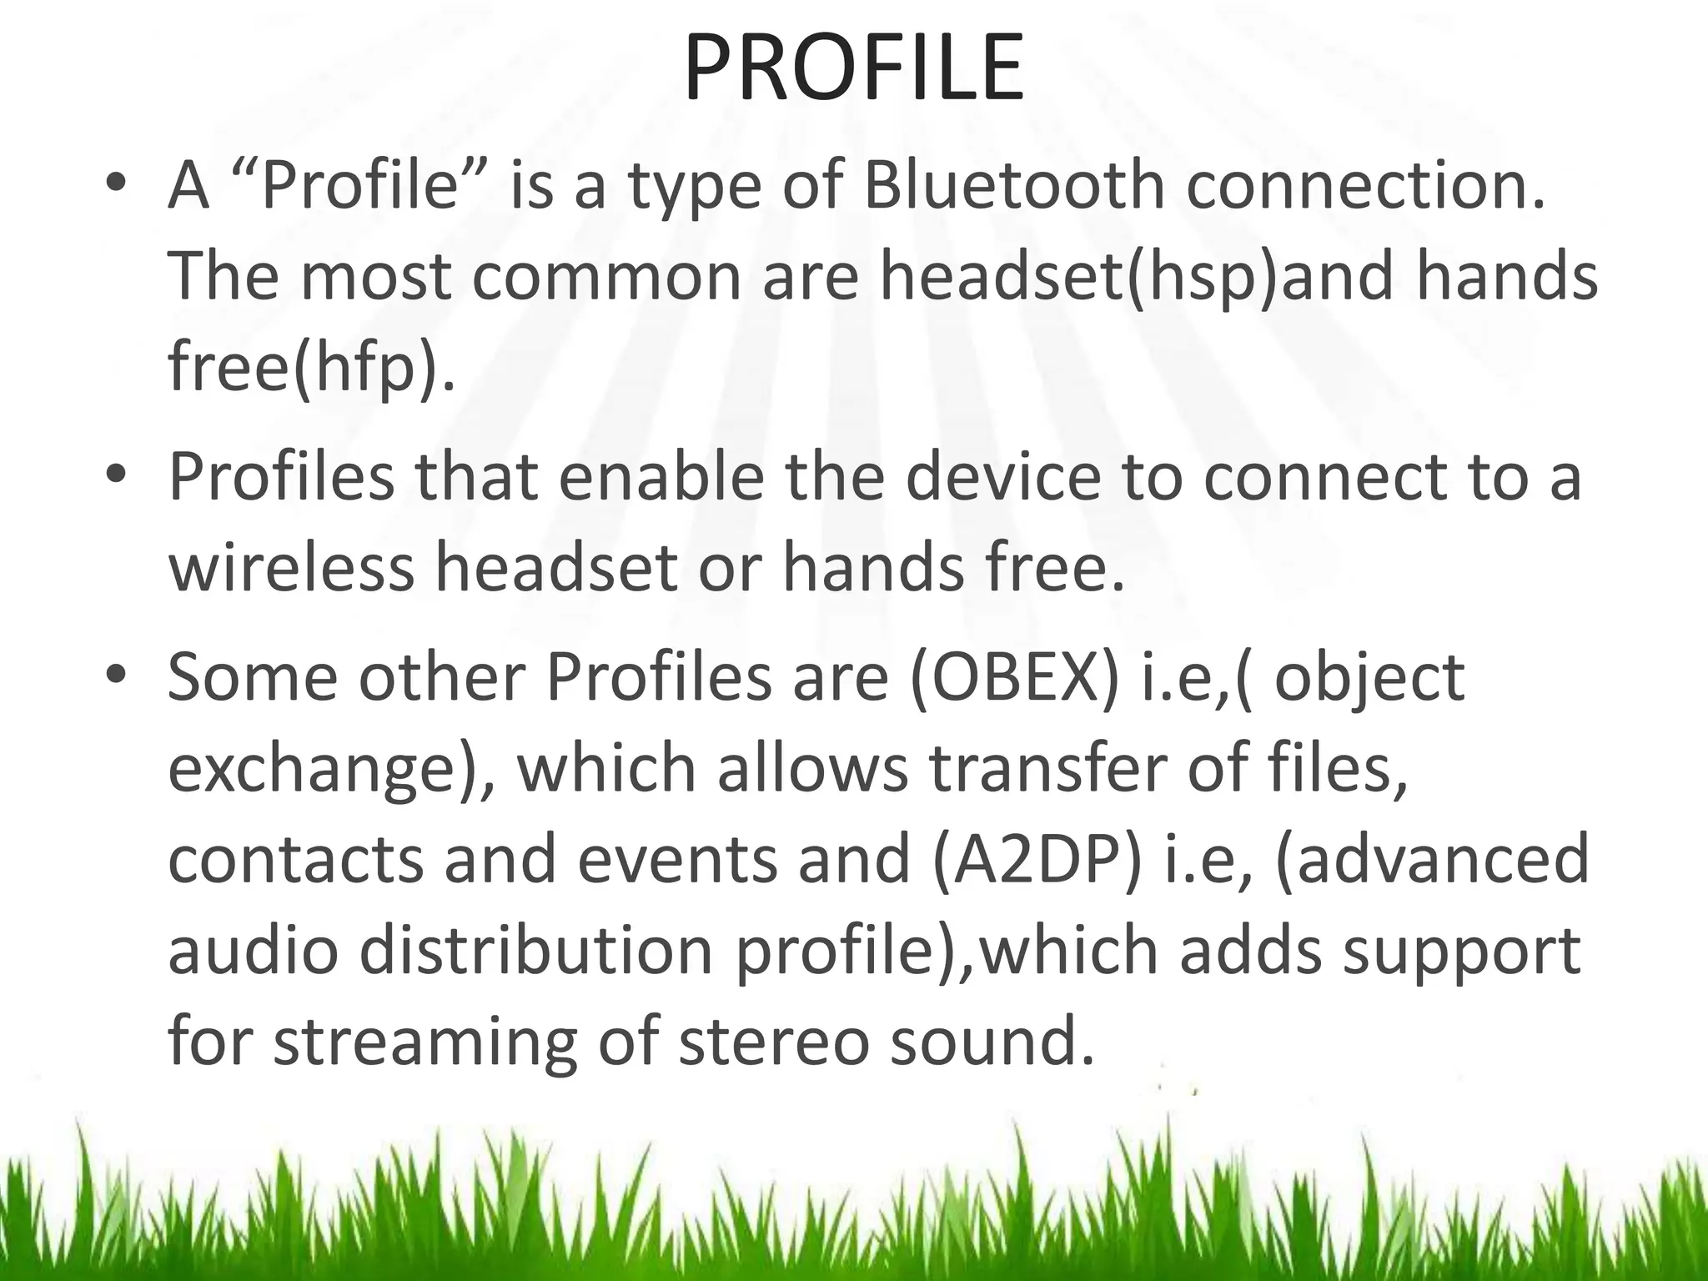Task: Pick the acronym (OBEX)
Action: click(1014, 677)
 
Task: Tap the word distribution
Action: click(536, 951)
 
